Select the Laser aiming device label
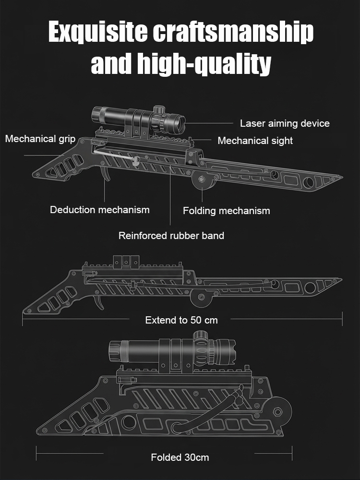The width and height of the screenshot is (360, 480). [285, 123]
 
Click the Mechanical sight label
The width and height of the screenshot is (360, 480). [255, 141]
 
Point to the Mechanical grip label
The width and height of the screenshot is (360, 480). [40, 139]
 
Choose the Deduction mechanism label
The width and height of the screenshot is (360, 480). [100, 210]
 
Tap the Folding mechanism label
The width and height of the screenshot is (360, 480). [226, 211]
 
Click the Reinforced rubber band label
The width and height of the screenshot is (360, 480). [171, 236]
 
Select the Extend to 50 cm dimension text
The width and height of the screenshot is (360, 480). [181, 320]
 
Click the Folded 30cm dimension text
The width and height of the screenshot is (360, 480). [180, 457]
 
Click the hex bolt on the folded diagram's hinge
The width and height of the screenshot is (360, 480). [277, 412]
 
